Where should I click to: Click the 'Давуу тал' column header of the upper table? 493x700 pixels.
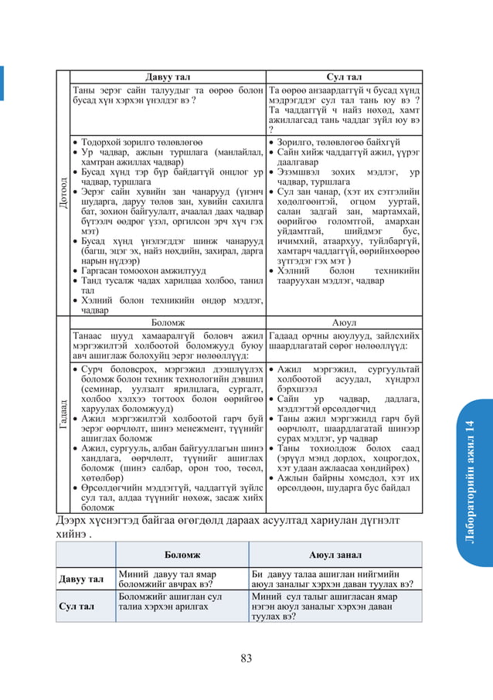coord(168,76)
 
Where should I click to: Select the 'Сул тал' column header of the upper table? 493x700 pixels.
coord(344,76)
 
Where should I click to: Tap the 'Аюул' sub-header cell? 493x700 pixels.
coord(344,321)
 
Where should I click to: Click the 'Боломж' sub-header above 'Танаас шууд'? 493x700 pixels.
coord(168,321)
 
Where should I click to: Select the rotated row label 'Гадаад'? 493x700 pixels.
coord(62,416)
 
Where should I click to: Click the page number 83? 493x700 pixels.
coord(246,658)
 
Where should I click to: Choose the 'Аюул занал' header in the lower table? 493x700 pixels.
coord(335,554)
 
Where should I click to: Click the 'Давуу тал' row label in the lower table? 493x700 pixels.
coord(85,579)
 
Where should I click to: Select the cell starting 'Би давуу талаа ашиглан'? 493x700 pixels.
coord(335,579)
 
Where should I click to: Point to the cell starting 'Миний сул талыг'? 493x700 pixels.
coord(335,607)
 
